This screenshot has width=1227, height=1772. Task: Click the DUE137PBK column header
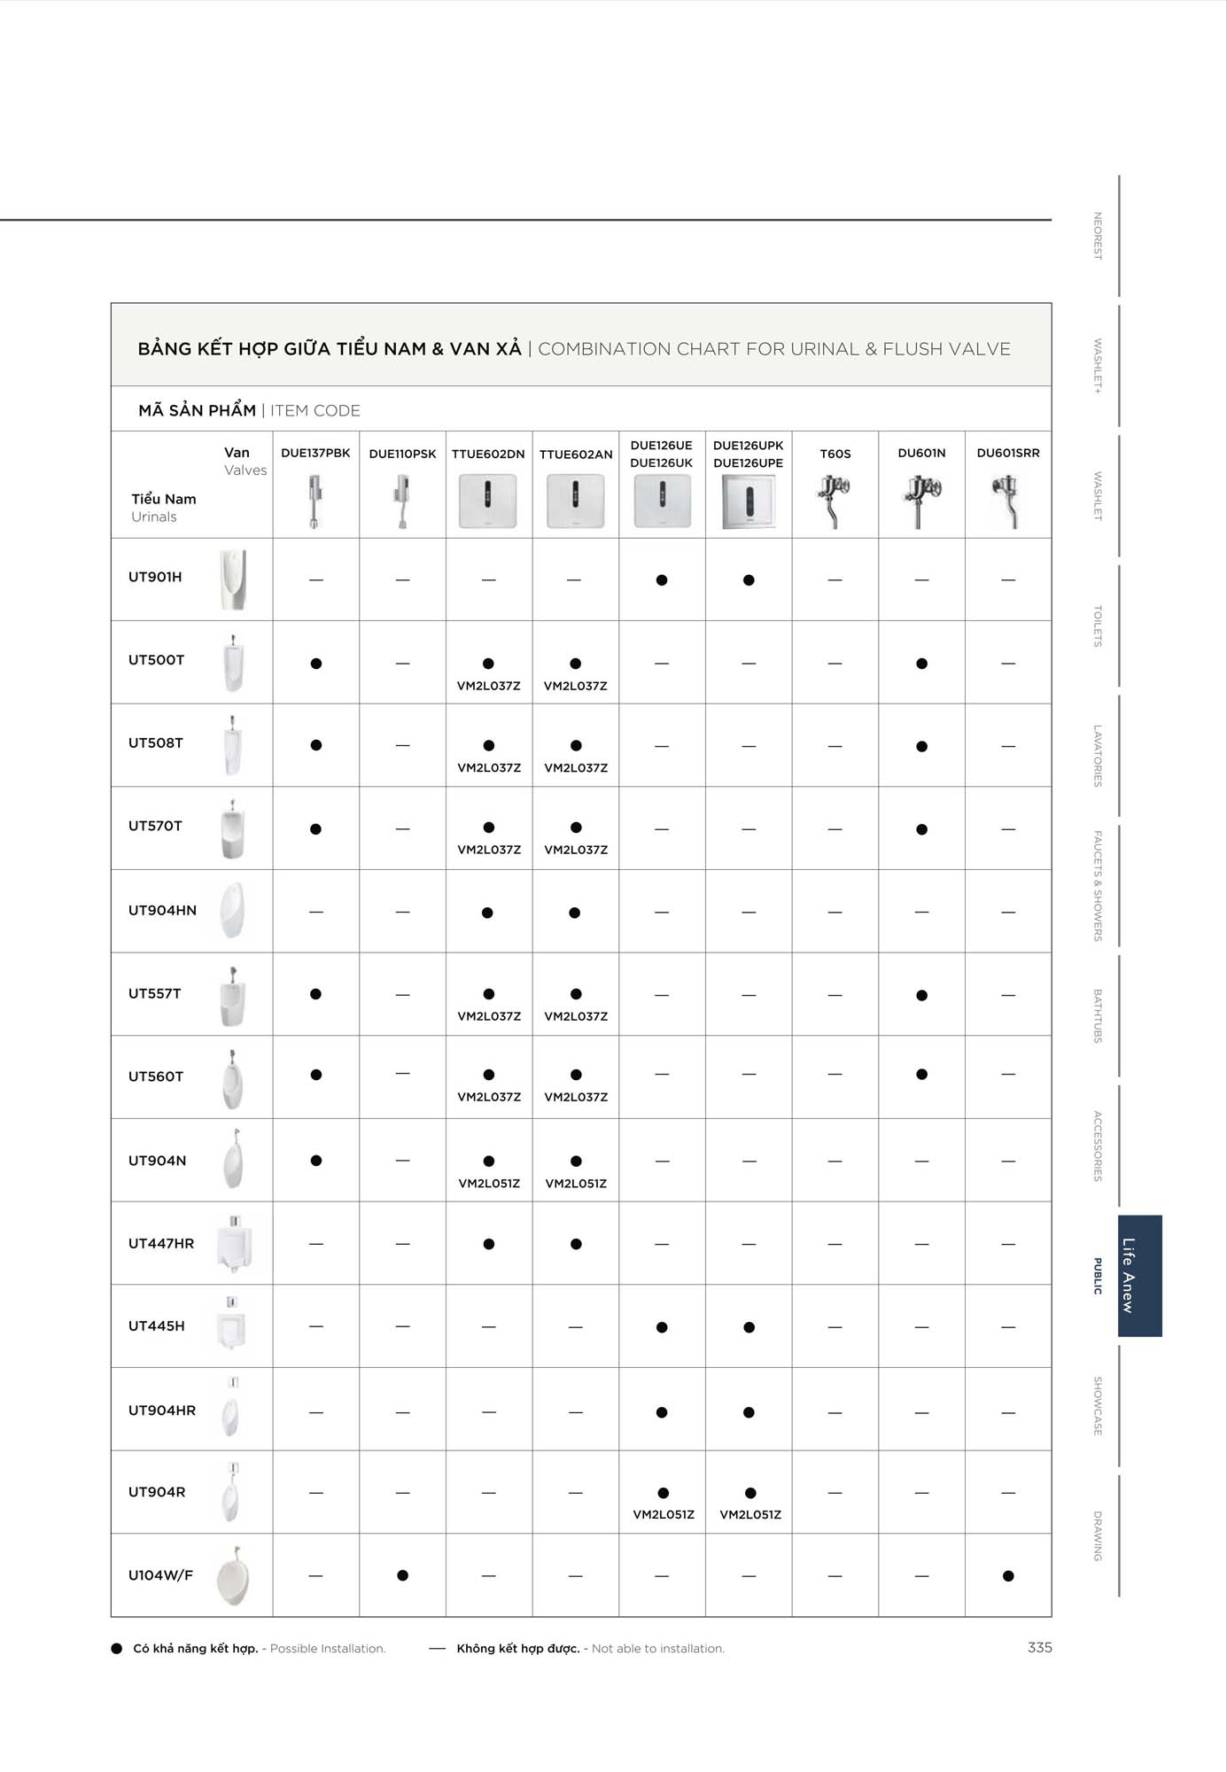point(315,453)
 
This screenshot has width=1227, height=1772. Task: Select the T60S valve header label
point(835,454)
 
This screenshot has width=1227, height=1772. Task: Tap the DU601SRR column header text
point(1008,453)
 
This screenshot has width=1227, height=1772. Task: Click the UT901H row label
point(155,577)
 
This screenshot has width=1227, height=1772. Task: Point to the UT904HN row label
point(162,910)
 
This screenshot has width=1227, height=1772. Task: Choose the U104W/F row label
point(160,1574)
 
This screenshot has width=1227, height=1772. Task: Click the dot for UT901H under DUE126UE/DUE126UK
point(662,580)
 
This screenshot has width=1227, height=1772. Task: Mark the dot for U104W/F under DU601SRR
point(1008,1575)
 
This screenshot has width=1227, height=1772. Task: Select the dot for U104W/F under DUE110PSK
point(402,1575)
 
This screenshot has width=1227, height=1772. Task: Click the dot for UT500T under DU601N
point(921,664)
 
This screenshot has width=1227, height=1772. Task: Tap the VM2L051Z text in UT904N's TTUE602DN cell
point(489,1184)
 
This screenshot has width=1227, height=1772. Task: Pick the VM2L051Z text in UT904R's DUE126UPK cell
point(750,1514)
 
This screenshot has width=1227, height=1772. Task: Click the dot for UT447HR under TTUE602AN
point(576,1244)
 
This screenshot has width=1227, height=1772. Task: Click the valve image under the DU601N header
point(920,501)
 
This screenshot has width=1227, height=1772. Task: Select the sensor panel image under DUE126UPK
point(749,501)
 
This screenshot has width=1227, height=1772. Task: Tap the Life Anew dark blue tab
point(1139,1275)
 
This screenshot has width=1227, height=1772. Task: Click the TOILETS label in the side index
point(1098,626)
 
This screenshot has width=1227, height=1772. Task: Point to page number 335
point(1039,1647)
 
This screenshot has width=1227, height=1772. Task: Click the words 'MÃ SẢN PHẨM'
point(197,410)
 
